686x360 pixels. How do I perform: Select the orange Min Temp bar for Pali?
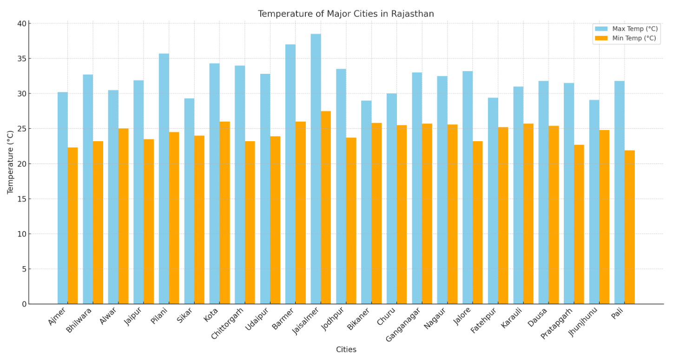click(629, 227)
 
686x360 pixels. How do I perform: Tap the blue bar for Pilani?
click(164, 178)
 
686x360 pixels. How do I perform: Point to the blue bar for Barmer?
click(290, 174)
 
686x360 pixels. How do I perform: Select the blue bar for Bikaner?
click(366, 202)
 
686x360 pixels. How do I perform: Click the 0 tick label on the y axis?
click(24, 304)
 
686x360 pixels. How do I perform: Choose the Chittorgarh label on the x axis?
click(228, 323)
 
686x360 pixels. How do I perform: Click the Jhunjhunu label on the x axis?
click(583, 321)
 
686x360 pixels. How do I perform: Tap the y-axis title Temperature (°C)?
click(11, 163)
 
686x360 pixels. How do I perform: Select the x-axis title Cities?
click(346, 350)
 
